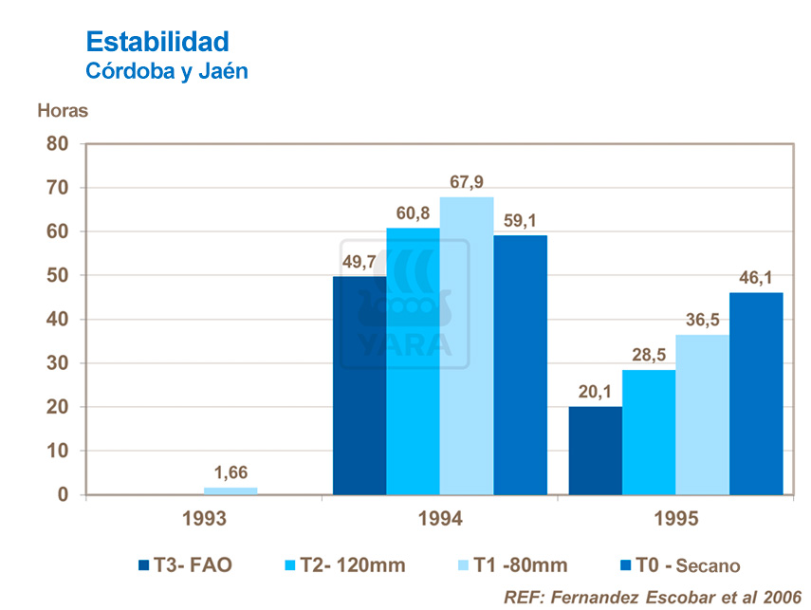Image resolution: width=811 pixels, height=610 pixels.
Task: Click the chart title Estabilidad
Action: click(x=157, y=42)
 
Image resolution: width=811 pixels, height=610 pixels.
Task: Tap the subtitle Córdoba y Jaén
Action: click(x=167, y=71)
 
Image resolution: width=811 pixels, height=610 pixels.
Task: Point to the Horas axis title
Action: click(x=63, y=110)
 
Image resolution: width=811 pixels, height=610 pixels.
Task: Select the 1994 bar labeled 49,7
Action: click(x=359, y=384)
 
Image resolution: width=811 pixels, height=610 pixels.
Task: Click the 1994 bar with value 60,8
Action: click(x=413, y=360)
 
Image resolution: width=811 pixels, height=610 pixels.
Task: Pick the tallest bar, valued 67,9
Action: click(x=467, y=346)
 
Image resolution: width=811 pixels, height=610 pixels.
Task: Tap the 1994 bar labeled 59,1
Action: click(x=520, y=365)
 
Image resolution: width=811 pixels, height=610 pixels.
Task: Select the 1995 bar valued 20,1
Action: click(x=595, y=451)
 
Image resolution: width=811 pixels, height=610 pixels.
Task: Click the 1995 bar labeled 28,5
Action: click(x=649, y=432)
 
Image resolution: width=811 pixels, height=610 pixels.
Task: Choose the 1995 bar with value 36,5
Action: click(x=703, y=415)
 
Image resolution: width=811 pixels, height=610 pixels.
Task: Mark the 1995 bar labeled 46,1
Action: click(x=756, y=394)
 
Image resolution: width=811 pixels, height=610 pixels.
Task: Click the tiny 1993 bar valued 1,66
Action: click(x=230, y=490)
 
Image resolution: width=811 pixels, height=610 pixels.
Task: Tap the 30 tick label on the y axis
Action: click(x=58, y=363)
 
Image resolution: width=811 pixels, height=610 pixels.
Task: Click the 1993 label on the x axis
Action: click(x=204, y=519)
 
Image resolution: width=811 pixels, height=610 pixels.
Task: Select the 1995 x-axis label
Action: click(x=674, y=519)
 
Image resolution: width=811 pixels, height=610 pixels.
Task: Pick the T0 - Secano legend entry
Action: click(x=677, y=565)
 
